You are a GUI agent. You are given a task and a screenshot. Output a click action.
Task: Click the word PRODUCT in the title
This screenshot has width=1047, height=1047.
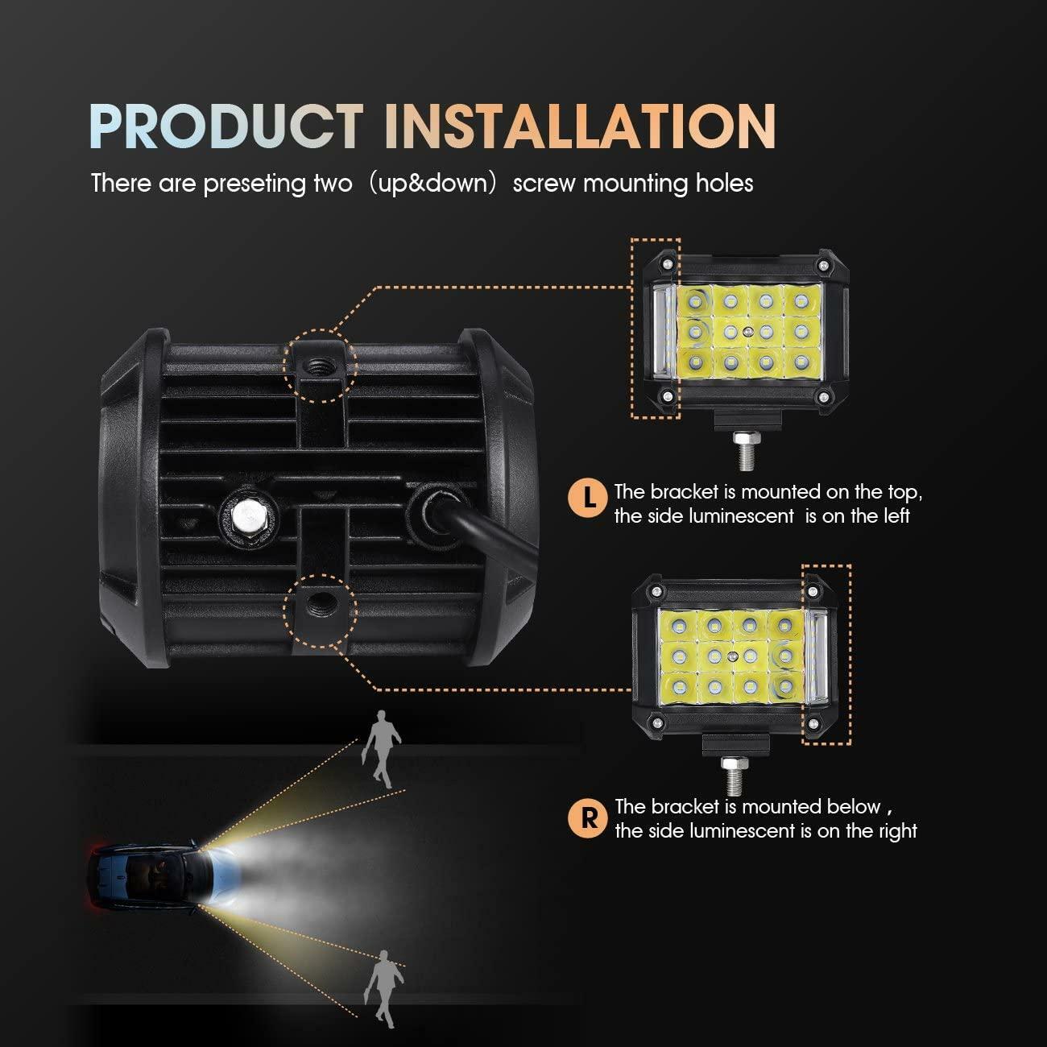pyautogui.click(x=226, y=126)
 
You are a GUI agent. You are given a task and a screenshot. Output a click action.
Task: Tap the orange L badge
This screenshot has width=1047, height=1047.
pyautogui.click(x=590, y=499)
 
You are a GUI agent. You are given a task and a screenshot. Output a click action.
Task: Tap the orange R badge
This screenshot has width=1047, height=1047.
pyautogui.click(x=590, y=818)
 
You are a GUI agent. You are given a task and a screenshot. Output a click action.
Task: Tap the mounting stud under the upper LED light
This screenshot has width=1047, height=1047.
pyautogui.click(x=742, y=449)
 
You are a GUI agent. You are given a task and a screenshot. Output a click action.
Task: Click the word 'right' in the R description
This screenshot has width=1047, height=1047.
pyautogui.click(x=892, y=831)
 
